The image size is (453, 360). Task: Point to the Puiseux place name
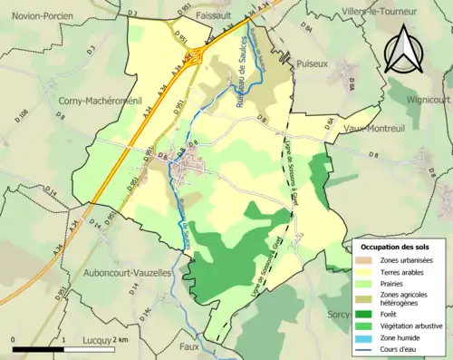pos(312,64)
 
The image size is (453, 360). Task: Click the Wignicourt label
pos(424,102)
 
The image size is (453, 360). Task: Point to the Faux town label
pos(188,346)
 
